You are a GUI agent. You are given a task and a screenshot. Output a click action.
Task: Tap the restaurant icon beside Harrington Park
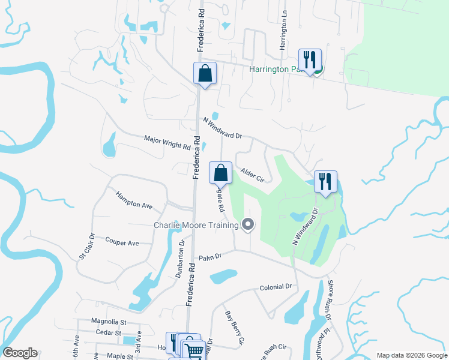click(310, 60)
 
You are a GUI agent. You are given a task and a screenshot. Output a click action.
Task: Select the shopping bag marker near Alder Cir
click(221, 173)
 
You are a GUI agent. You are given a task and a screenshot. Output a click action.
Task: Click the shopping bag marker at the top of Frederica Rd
click(205, 73)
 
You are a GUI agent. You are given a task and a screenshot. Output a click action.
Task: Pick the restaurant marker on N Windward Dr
click(325, 182)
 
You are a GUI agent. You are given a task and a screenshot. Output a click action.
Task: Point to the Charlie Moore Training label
click(196, 225)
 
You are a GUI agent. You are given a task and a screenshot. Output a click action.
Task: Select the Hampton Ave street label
click(134, 200)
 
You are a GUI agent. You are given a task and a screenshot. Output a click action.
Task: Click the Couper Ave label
click(122, 243)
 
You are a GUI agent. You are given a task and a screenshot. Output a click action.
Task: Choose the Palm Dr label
click(211, 256)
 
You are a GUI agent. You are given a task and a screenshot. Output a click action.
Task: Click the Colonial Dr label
click(276, 287)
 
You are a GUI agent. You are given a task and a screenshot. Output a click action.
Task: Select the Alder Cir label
click(252, 175)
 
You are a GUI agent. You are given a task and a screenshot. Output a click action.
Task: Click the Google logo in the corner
click(20, 352)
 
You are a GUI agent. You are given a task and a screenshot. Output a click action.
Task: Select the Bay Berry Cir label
click(235, 328)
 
